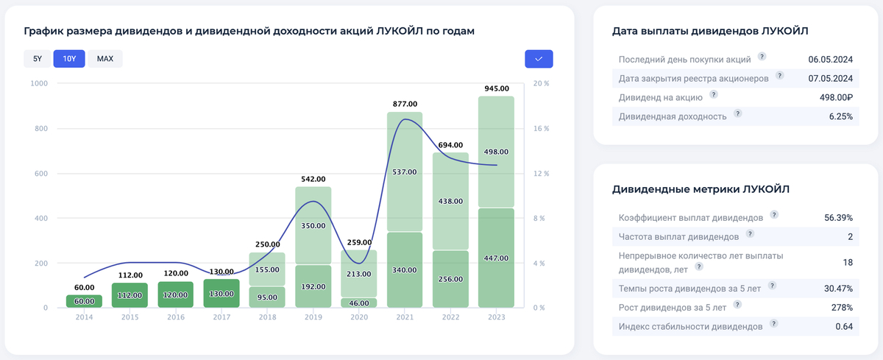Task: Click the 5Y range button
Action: (x=38, y=58)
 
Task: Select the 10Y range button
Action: (x=69, y=58)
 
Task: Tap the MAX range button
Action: (x=105, y=58)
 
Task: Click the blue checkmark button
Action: (x=539, y=59)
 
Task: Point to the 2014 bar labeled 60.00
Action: (x=84, y=301)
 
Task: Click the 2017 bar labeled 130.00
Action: (x=221, y=293)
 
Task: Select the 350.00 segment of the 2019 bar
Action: (x=313, y=225)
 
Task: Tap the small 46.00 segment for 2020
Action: (x=358, y=303)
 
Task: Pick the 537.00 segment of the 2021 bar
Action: (x=404, y=172)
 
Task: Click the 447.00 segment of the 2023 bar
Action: (x=496, y=258)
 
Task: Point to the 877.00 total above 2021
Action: (x=404, y=104)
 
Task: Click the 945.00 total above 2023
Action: (x=496, y=88)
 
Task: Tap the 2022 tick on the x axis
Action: (x=450, y=318)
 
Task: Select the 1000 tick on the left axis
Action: (x=38, y=84)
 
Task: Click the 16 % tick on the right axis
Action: (x=541, y=129)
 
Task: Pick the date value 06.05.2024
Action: (x=830, y=59)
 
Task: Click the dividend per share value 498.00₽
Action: (x=834, y=97)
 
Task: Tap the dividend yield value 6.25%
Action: (x=840, y=116)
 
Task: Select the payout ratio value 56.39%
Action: (x=838, y=218)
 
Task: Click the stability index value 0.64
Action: (x=843, y=325)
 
